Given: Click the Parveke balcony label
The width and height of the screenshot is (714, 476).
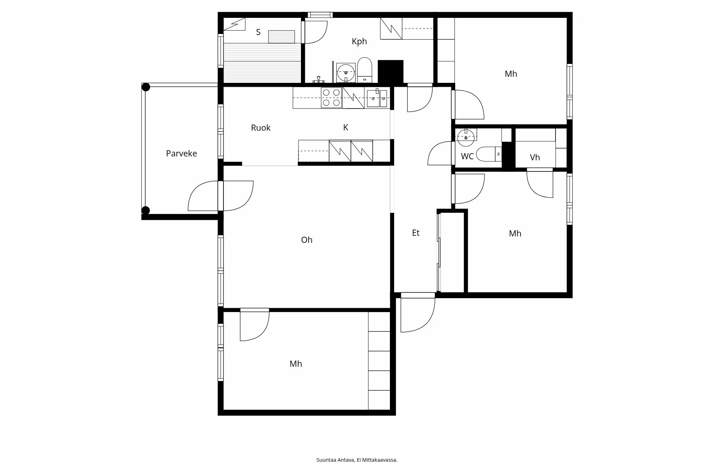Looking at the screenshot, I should (181, 154).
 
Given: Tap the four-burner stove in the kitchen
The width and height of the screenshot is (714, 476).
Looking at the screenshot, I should (331, 98).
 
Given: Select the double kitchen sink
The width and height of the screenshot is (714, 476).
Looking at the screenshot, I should (377, 98).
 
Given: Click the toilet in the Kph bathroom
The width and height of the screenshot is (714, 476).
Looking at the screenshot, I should (364, 70).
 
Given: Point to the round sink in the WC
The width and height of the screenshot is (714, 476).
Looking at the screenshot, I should (466, 137).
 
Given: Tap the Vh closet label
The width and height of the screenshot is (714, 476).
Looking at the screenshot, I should (535, 157).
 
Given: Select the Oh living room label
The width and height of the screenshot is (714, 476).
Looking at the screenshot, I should (307, 240).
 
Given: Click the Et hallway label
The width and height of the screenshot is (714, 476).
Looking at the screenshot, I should (416, 233).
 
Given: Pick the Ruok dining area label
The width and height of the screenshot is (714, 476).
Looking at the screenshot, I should (261, 128).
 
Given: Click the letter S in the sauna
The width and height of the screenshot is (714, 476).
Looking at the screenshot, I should (258, 32).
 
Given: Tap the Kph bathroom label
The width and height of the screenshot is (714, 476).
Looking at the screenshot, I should (359, 41).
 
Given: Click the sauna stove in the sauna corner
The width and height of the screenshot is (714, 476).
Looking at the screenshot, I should (235, 24).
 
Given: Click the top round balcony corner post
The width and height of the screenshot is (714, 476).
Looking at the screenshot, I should (146, 87).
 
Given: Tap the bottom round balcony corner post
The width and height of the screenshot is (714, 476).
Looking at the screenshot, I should (146, 210).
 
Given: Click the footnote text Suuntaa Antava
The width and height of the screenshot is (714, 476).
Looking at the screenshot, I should (335, 460).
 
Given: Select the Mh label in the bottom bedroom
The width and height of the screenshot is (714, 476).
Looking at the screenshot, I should (296, 364).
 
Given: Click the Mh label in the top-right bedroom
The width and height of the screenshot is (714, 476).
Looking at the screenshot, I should (511, 74).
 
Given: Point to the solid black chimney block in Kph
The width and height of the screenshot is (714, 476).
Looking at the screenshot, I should (391, 71).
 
